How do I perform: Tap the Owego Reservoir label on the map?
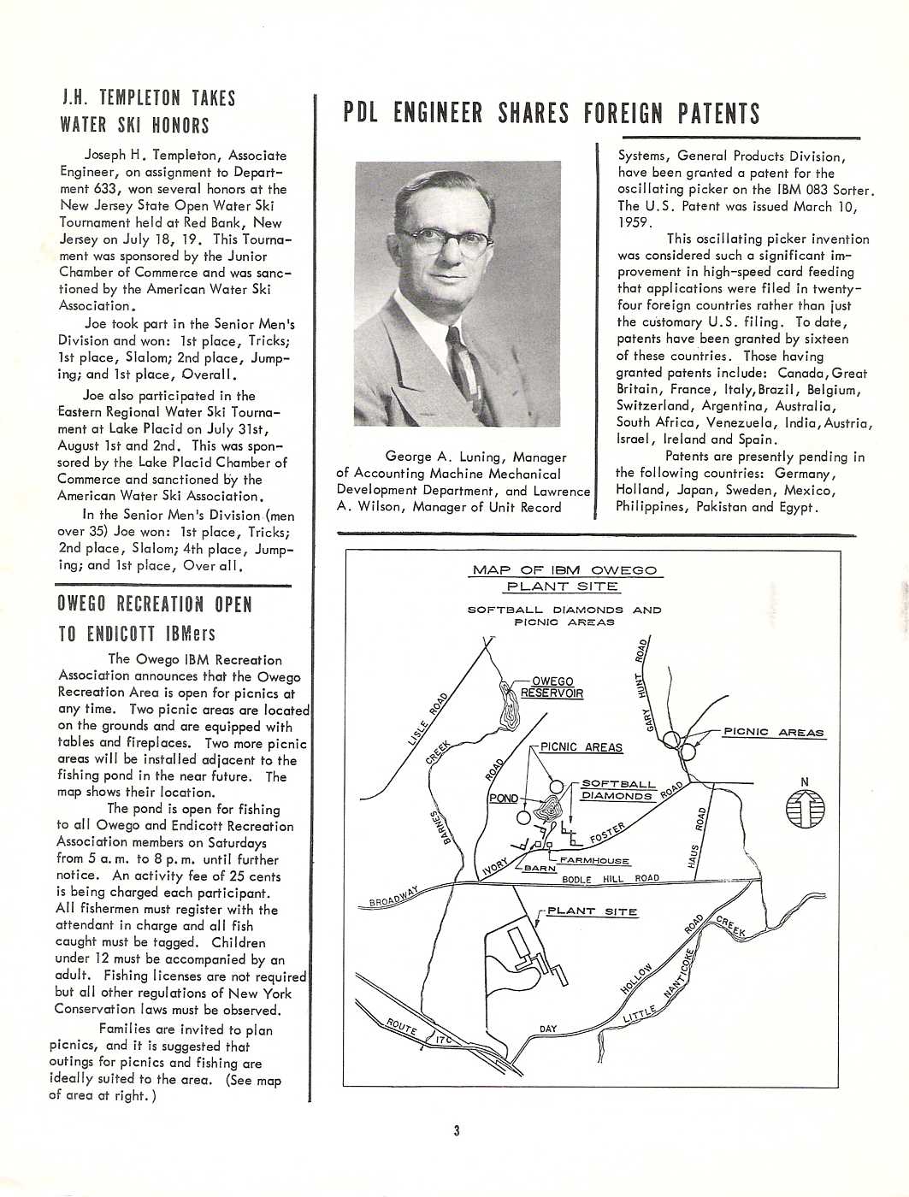click(x=552, y=687)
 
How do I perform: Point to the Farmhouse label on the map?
click(x=594, y=861)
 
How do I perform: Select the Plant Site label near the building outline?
click(x=592, y=911)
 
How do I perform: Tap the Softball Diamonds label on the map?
click(x=617, y=790)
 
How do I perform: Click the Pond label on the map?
click(x=504, y=799)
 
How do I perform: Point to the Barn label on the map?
click(x=540, y=869)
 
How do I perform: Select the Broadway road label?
click(x=393, y=897)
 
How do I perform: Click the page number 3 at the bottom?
click(x=457, y=1131)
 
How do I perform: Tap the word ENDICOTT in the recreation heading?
click(x=121, y=634)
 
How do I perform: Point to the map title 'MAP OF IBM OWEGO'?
click(x=564, y=570)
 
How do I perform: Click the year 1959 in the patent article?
click(x=634, y=222)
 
